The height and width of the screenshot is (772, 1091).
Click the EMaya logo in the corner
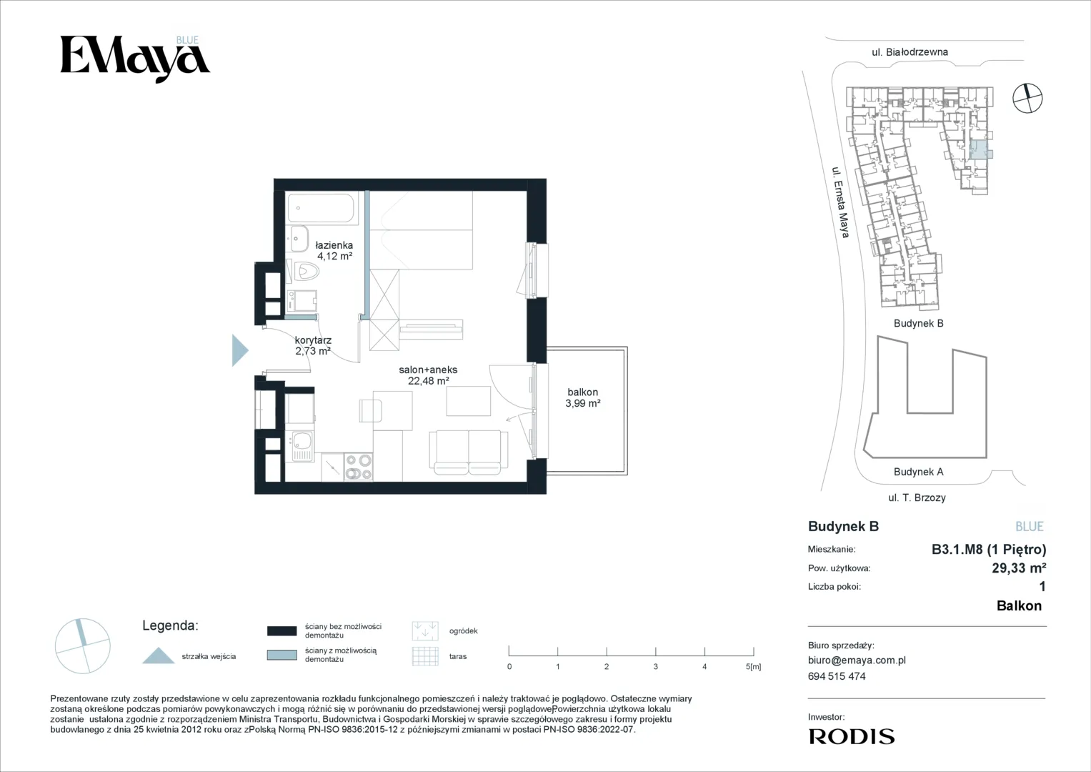click(x=135, y=59)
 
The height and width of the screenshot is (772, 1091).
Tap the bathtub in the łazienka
click(x=322, y=208)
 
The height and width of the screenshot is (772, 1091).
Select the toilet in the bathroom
click(x=305, y=271)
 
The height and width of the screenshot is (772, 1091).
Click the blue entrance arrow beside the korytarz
click(x=240, y=350)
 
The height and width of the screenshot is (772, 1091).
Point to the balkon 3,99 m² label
click(x=582, y=397)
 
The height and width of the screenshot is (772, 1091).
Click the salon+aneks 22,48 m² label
click(x=428, y=375)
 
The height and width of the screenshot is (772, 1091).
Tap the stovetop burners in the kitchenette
click(x=359, y=467)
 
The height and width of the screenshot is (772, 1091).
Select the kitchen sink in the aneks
click(x=302, y=447)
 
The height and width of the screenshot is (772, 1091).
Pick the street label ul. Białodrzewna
click(x=910, y=52)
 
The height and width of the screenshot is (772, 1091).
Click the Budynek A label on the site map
click(x=919, y=472)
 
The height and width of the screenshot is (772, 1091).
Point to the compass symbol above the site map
click(x=1027, y=98)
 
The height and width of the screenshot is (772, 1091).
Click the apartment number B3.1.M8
click(x=957, y=549)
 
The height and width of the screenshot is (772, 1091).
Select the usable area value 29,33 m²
click(x=1020, y=568)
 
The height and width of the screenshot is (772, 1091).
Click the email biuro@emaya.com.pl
click(x=857, y=660)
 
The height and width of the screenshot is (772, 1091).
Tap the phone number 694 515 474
click(x=837, y=676)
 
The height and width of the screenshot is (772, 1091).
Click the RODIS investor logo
click(x=852, y=736)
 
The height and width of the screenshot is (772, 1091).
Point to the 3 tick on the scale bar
click(x=656, y=651)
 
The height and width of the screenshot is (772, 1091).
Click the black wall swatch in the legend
click(x=282, y=630)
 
